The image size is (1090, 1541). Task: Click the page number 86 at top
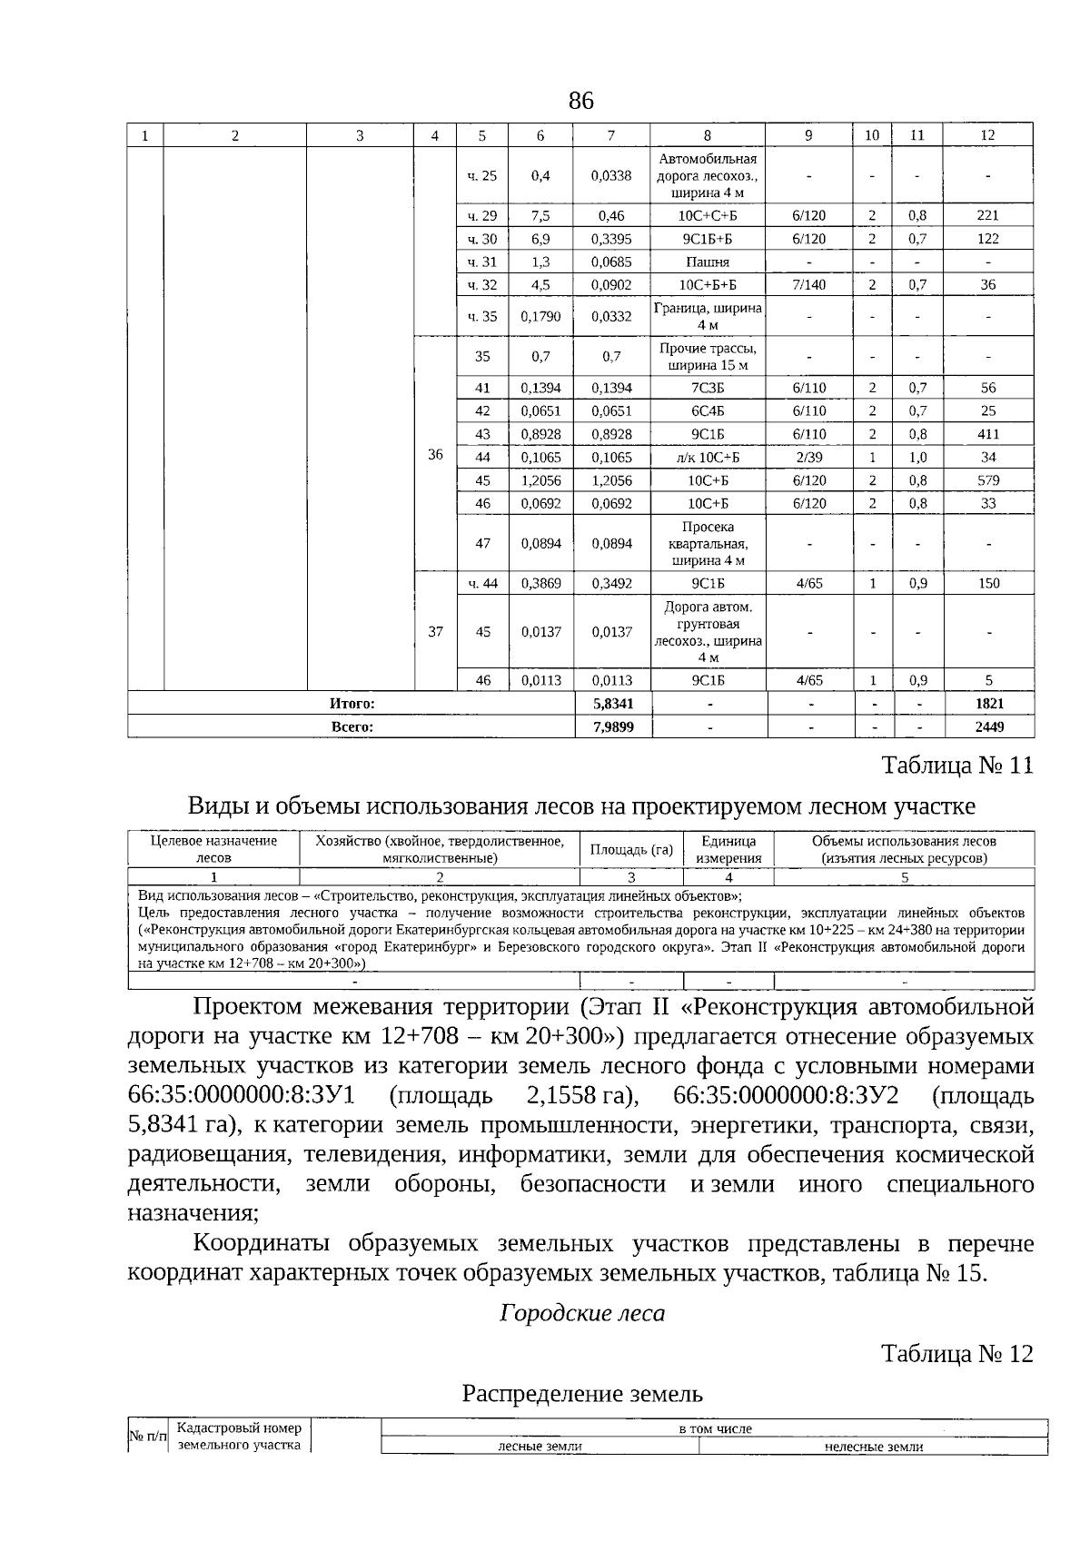[580, 101]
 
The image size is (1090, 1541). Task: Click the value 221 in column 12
[987, 215]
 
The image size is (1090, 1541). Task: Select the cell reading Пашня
[707, 262]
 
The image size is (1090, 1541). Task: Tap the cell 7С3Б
[707, 388]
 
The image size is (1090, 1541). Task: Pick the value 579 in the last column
[987, 480]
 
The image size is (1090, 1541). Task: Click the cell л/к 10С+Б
[707, 458]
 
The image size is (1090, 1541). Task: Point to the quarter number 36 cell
[435, 454]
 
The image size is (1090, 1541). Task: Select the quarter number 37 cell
[435, 631]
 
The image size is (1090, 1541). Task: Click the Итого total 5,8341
[612, 704]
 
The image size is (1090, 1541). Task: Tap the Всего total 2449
[989, 726]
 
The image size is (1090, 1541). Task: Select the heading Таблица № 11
[957, 766]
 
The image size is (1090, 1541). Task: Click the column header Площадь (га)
[631, 850]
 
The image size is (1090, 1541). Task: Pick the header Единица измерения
[728, 850]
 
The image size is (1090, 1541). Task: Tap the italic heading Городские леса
[582, 1313]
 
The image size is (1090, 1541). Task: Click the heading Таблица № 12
[957, 1354]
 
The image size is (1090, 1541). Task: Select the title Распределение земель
[582, 1393]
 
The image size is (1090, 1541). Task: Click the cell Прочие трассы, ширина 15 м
[707, 356]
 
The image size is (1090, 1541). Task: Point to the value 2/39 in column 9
[808, 458]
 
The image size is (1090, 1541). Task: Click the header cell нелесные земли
[873, 1447]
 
